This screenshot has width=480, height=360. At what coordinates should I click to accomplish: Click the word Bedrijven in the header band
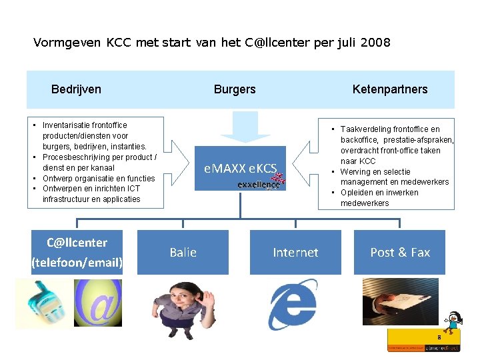click(x=76, y=89)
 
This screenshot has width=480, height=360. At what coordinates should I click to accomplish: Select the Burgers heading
click(x=235, y=89)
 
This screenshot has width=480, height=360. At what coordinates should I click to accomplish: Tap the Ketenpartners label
click(x=390, y=89)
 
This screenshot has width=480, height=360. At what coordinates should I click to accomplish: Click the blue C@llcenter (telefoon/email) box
click(x=77, y=252)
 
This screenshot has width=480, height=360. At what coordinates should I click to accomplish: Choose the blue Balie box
click(x=183, y=252)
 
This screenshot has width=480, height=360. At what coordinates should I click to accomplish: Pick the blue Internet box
click(x=295, y=252)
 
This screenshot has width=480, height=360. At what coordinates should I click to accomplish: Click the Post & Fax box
click(x=400, y=252)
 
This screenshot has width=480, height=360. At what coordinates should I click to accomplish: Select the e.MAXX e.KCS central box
click(x=240, y=167)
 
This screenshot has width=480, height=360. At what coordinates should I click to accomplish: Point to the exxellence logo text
click(x=259, y=185)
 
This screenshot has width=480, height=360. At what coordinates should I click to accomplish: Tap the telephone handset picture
click(x=44, y=303)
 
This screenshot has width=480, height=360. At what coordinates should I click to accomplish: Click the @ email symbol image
click(x=98, y=303)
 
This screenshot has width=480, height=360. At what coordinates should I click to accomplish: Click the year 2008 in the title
click(x=375, y=43)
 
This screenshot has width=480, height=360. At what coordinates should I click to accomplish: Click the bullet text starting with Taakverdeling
click(x=393, y=145)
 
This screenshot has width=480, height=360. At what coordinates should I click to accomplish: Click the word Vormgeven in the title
click(x=67, y=43)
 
